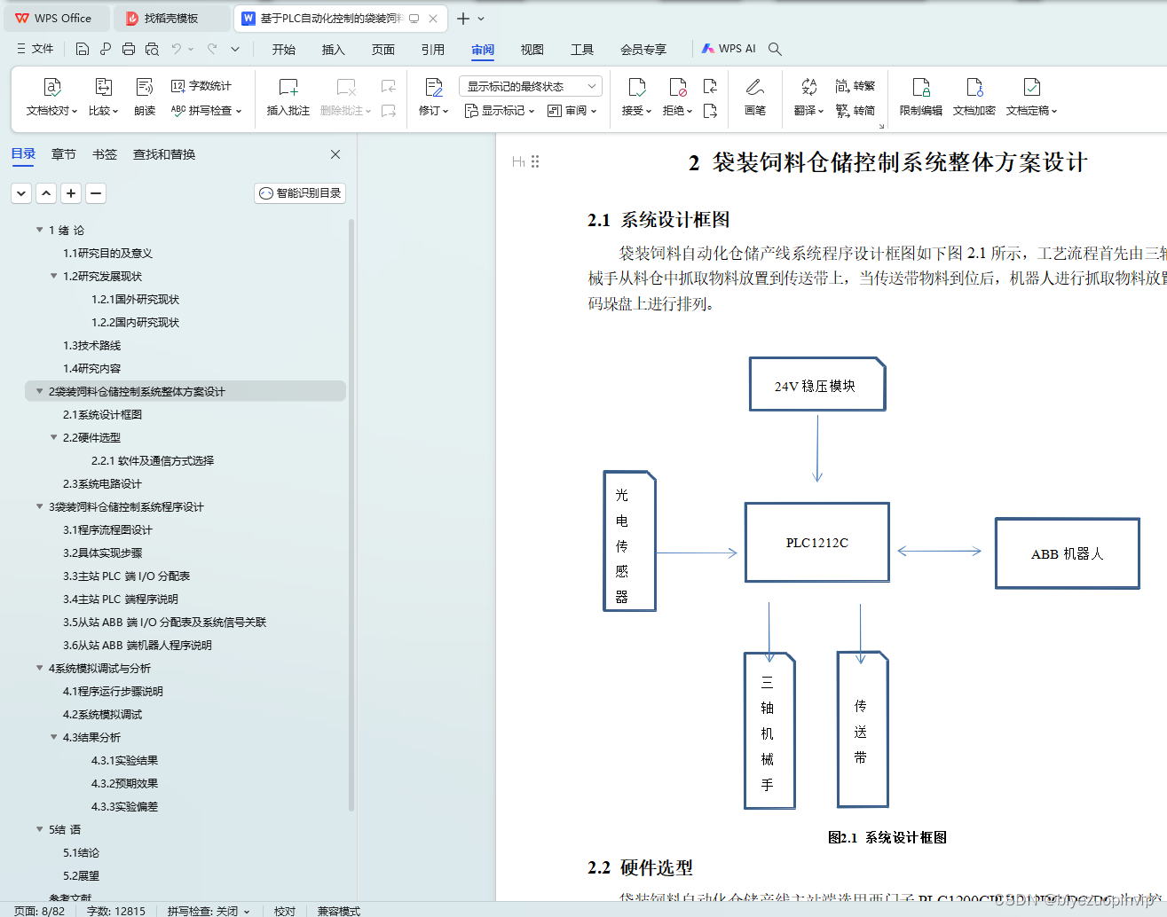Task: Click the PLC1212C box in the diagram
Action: click(816, 543)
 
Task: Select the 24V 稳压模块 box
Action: click(816, 385)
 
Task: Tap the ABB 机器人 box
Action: click(1067, 553)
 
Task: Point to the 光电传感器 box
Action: click(629, 541)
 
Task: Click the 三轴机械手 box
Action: click(769, 732)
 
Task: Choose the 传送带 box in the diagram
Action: click(862, 731)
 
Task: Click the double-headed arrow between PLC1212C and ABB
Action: click(939, 551)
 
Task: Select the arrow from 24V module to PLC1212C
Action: click(817, 448)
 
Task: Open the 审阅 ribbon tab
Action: click(483, 50)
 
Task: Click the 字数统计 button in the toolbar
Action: click(201, 86)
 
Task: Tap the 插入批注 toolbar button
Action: click(288, 96)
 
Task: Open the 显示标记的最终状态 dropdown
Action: click(530, 86)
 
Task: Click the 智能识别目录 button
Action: click(300, 193)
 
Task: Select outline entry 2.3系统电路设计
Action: click(102, 484)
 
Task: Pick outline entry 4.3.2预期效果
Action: click(124, 784)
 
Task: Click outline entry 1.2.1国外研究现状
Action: click(135, 300)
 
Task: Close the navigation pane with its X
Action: click(335, 154)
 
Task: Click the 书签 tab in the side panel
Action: click(105, 154)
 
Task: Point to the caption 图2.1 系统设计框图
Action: click(887, 837)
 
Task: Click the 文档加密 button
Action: click(974, 96)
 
